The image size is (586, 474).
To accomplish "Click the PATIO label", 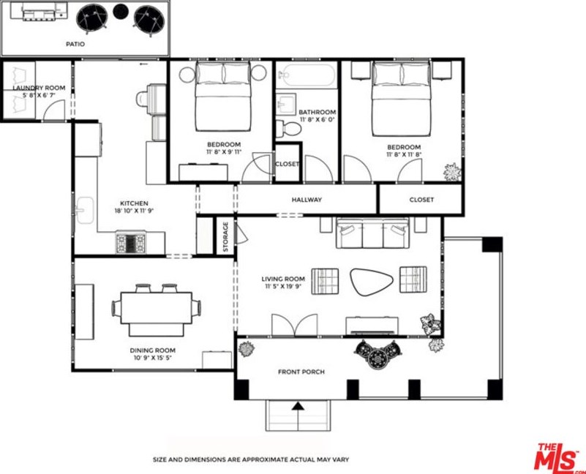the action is [x=75, y=44].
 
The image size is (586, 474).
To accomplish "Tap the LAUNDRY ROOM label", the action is [x=40, y=88].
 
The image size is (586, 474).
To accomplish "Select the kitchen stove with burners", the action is [x=130, y=243].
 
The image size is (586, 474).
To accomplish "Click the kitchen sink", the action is [x=85, y=211].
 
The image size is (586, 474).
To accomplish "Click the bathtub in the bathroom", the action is [x=308, y=75].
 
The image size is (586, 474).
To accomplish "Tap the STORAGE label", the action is [x=225, y=236].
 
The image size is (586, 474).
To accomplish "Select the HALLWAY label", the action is [x=307, y=200].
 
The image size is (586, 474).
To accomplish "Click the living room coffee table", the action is [x=372, y=281].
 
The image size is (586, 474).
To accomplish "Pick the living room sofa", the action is [x=372, y=233].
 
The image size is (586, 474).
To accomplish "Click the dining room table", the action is [x=157, y=308].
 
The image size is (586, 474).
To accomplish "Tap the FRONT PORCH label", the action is [x=301, y=372].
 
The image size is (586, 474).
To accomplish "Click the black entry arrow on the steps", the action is [x=298, y=406].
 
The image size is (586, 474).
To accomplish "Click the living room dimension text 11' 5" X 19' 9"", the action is [x=283, y=286].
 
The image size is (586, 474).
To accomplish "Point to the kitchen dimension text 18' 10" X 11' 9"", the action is [x=134, y=211].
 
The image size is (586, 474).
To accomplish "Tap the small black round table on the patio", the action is [x=120, y=12].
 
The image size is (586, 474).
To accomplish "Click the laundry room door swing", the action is [x=54, y=110].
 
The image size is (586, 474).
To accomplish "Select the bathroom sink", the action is [x=286, y=105].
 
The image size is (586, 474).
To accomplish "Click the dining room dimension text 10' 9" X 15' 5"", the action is [x=152, y=358].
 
